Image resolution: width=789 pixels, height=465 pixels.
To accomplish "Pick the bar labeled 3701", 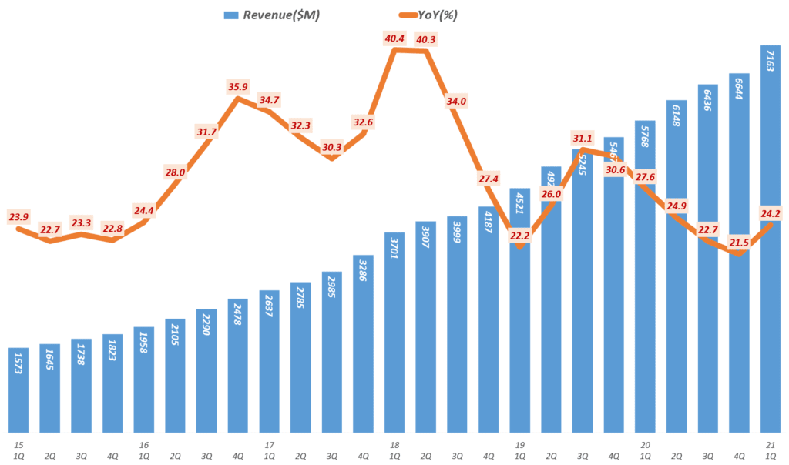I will click(394, 331).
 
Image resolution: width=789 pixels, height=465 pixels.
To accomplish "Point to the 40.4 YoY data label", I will click(394, 38).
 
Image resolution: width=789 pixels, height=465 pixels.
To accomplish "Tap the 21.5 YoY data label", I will click(739, 243).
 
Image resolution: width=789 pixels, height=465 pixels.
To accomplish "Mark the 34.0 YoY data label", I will click(456, 101).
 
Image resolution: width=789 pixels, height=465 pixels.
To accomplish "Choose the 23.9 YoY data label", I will click(18, 217).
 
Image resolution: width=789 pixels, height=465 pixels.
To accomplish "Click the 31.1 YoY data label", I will click(583, 138).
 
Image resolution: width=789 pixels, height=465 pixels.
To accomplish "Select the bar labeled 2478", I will click(238, 365).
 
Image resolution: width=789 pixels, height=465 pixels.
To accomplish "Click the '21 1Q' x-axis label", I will click(768, 450).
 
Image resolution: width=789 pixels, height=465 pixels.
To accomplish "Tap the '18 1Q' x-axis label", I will click(394, 450).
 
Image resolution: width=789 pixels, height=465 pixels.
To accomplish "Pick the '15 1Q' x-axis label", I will click(18, 450).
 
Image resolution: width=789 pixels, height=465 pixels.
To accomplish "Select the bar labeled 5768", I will click(645, 276).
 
